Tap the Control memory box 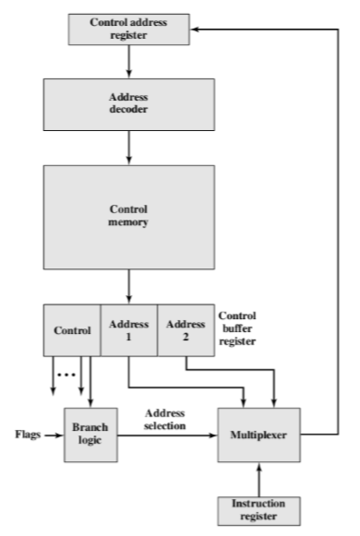click(x=128, y=216)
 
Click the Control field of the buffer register click(x=73, y=330)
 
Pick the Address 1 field click(x=128, y=330)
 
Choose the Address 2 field click(x=185, y=330)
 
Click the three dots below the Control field click(x=64, y=375)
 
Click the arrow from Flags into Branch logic click(x=50, y=432)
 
